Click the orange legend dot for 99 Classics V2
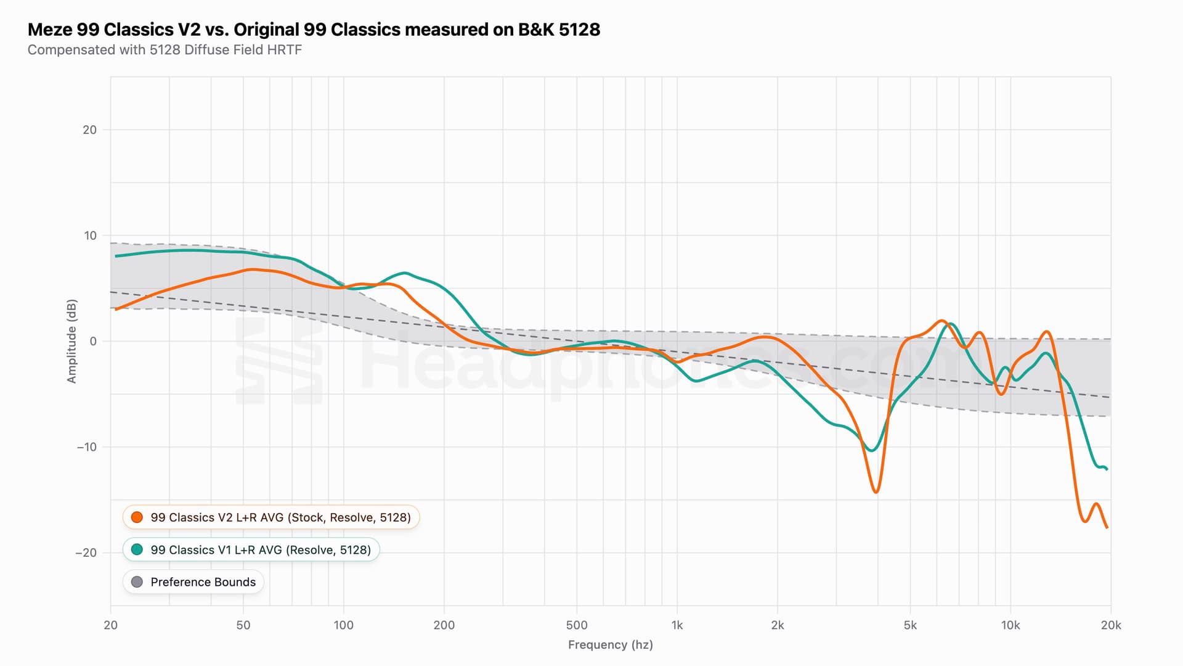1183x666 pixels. point(137,517)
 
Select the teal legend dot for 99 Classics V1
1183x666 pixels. point(137,549)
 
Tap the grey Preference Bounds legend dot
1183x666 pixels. point(137,582)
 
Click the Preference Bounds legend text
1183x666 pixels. point(203,582)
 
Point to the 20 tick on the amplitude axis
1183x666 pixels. point(90,129)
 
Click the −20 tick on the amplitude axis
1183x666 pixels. point(86,553)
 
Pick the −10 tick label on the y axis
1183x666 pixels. point(86,447)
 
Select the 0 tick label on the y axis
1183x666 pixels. point(93,341)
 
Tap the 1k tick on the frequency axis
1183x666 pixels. point(677,625)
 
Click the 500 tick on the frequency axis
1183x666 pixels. point(577,625)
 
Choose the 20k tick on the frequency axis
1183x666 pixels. point(1111,625)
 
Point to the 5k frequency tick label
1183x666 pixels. point(910,625)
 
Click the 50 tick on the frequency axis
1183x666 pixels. point(243,625)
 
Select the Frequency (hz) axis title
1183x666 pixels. point(610,645)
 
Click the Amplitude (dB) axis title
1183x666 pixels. point(72,341)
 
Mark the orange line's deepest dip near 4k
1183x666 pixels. point(876,492)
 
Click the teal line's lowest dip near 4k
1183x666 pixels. point(871,450)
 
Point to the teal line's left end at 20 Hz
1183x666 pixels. point(116,256)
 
